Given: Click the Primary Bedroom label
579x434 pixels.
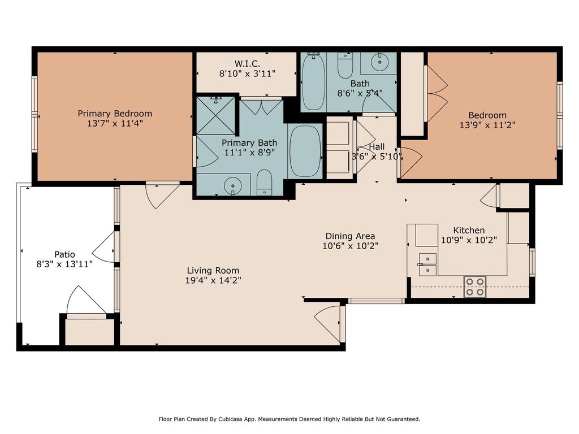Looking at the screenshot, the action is coord(115,114).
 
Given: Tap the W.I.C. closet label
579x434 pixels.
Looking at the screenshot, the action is coord(247,63).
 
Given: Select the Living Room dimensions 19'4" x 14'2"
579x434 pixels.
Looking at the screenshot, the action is coord(213,280).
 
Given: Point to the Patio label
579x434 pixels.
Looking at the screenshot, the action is coord(64,254).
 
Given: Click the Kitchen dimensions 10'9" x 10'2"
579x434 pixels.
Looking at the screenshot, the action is coord(469,240).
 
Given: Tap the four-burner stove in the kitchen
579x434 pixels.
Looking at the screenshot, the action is coord(475,287).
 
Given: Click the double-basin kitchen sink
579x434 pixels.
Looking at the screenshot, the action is coord(427,264).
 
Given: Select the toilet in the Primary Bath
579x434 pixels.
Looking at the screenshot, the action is coord(264,183).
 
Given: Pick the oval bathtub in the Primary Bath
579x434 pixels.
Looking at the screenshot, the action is coord(305,151).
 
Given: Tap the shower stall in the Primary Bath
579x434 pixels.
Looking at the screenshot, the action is coord(215,115).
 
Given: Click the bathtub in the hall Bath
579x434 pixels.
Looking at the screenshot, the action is coord(313,82).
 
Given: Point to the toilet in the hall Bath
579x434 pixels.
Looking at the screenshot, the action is coord(345,66).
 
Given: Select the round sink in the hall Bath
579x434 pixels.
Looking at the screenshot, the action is coord(379,63).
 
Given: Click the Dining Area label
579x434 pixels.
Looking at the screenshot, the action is coord(350,236).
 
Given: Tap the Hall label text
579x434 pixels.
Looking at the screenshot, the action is coord(377,146).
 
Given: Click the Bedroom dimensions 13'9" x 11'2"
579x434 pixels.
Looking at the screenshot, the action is coord(487,125).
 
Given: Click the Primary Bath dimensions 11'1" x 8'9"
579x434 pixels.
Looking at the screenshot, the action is coord(249,152).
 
